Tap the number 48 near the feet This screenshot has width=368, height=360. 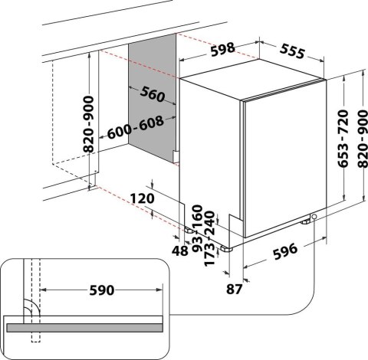(182, 250)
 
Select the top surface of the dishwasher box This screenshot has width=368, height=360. (253, 87)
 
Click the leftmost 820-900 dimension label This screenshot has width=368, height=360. (91, 126)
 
